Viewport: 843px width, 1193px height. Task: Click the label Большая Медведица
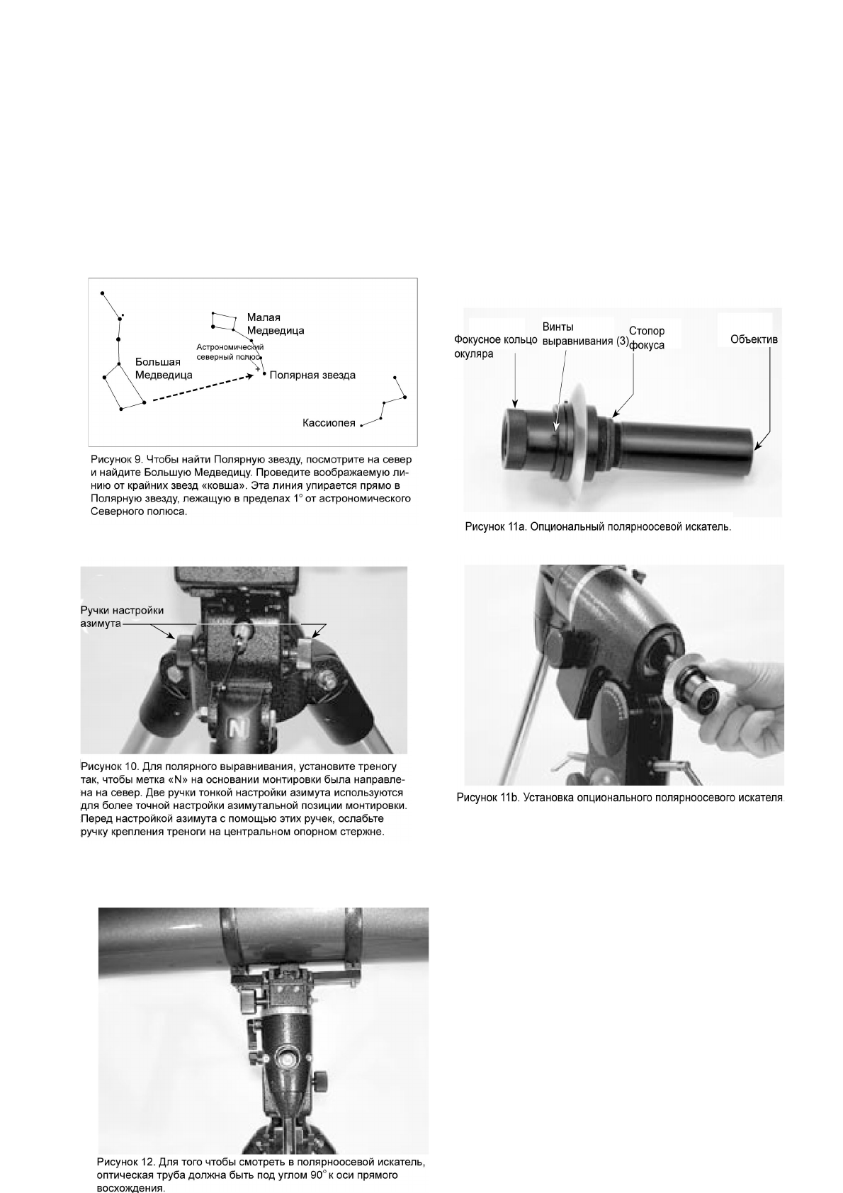[164, 369]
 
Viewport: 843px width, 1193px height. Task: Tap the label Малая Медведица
[275, 324]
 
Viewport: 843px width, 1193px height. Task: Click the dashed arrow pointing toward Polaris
[202, 389]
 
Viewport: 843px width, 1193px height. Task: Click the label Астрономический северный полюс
[230, 352]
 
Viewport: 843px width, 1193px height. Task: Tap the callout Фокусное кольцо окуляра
[495, 346]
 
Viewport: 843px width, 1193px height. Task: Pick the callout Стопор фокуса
[646, 338]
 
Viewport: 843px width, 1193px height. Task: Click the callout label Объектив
[754, 340]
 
